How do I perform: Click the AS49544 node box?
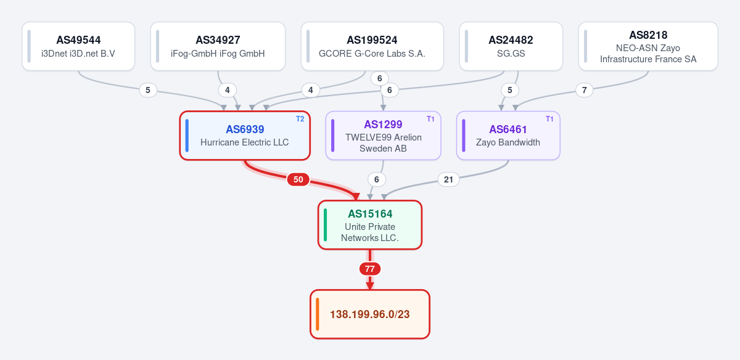point(78,46)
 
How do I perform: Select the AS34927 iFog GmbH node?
point(218,46)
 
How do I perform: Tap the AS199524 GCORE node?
point(372,46)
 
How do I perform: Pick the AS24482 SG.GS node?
point(511,46)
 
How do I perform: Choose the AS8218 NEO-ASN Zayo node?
point(648,46)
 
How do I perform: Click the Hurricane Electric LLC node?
point(245,136)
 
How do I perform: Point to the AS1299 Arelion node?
point(383,136)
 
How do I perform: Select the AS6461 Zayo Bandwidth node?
point(508,136)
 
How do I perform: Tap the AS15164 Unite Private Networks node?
point(370,225)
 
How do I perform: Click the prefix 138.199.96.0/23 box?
point(370,314)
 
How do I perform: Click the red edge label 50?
point(298,179)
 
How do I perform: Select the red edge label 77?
point(370,269)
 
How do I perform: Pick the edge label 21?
point(448,179)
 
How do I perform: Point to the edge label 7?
point(584,90)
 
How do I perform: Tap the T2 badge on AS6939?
point(300,119)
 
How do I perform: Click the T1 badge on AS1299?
point(430,119)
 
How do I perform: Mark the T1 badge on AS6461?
point(549,119)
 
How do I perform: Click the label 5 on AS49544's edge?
point(147,90)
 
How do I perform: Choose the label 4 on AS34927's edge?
point(228,90)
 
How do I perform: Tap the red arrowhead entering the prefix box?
point(370,286)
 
